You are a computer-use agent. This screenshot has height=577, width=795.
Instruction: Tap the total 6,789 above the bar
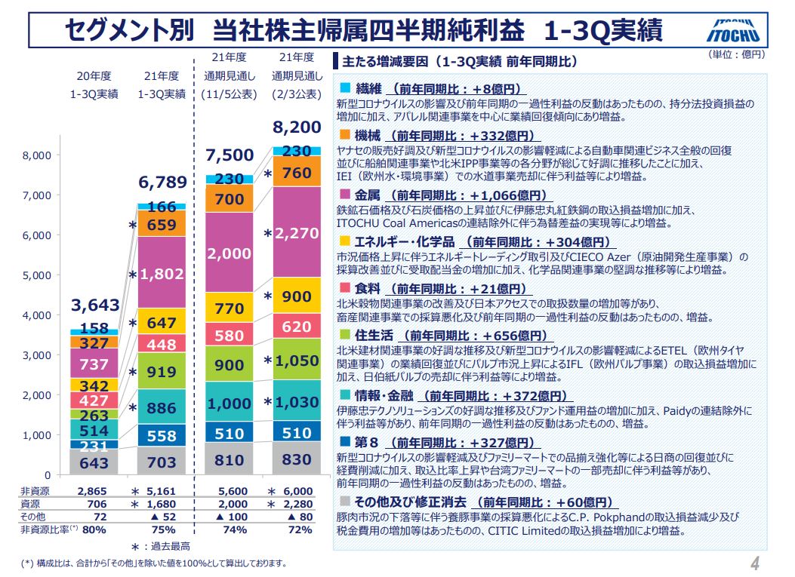click(161, 183)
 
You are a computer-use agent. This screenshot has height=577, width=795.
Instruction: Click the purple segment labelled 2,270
click(296, 234)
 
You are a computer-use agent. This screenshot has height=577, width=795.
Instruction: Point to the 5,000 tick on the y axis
click(37, 275)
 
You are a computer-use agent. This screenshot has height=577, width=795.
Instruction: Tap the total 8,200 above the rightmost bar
click(296, 127)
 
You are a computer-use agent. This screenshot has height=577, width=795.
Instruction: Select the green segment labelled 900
click(230, 366)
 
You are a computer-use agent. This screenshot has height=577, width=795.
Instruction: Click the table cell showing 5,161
click(161, 491)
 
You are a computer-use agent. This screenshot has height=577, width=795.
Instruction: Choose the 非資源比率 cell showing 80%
click(94, 529)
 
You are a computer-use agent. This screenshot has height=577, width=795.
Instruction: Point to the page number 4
click(755, 563)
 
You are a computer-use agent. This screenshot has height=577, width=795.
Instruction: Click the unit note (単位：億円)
click(736, 54)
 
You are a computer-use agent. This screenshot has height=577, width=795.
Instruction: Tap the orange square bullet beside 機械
click(345, 135)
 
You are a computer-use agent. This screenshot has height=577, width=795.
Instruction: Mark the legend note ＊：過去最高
click(161, 546)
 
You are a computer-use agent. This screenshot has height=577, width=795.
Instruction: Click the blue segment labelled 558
click(161, 435)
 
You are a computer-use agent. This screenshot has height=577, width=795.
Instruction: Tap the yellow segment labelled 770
click(230, 308)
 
